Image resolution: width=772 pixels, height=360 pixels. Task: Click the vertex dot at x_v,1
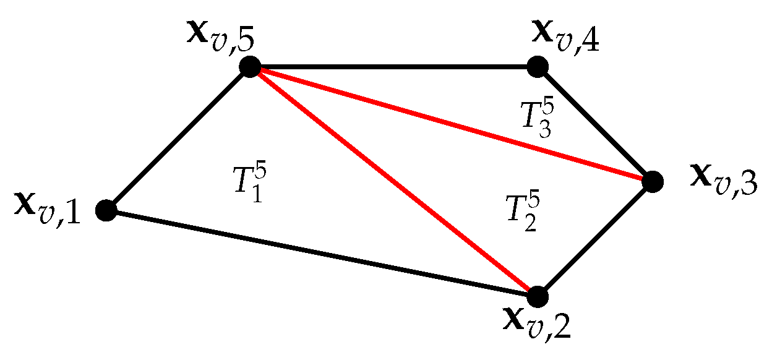click(x=106, y=210)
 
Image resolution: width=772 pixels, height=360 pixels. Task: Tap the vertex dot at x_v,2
click(x=538, y=296)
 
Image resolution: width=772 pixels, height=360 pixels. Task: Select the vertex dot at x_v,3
click(x=652, y=181)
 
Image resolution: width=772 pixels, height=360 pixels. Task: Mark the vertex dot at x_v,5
click(x=250, y=66)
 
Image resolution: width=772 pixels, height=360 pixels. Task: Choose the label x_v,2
click(x=536, y=324)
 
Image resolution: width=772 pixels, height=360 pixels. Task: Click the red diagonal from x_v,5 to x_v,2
click(x=393, y=181)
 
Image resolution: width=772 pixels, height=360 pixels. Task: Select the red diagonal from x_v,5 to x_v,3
click(x=451, y=124)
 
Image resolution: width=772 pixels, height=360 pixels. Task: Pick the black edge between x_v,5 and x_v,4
click(x=393, y=66)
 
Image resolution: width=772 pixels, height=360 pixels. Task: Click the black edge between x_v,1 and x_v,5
click(x=178, y=138)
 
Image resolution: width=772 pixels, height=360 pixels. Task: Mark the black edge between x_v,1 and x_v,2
click(x=322, y=254)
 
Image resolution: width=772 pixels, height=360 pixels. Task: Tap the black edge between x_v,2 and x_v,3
click(x=594, y=239)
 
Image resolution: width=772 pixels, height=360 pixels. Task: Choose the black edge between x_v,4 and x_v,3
click(x=594, y=124)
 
